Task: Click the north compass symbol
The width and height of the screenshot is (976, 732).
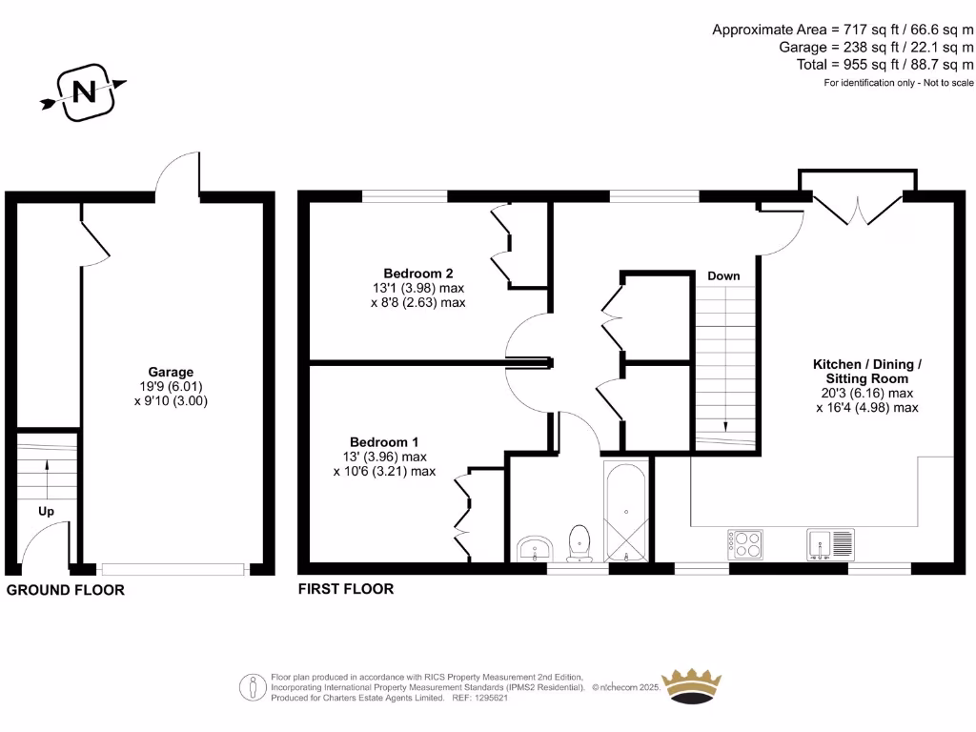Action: [x=83, y=92]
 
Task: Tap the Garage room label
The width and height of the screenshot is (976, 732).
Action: [x=171, y=372]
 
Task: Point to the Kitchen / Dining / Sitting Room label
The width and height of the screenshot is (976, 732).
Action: [x=866, y=371]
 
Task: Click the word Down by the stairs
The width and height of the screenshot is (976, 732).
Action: [x=723, y=276]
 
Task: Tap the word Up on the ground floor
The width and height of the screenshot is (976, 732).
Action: [x=46, y=511]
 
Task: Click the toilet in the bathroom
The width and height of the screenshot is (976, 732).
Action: [x=579, y=543]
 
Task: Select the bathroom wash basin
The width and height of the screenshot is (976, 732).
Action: [x=536, y=549]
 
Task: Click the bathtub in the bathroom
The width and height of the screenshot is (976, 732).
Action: [x=626, y=513]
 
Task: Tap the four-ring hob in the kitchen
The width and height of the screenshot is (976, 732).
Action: [x=745, y=544]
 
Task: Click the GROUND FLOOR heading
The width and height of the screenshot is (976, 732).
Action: [x=66, y=590]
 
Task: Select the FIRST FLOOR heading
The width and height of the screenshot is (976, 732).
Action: [x=346, y=589]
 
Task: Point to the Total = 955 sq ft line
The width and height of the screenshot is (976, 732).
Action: [x=884, y=65]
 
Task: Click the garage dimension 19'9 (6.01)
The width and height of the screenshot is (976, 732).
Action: [x=171, y=387]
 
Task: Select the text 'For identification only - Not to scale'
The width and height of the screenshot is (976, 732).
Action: [x=899, y=84]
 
